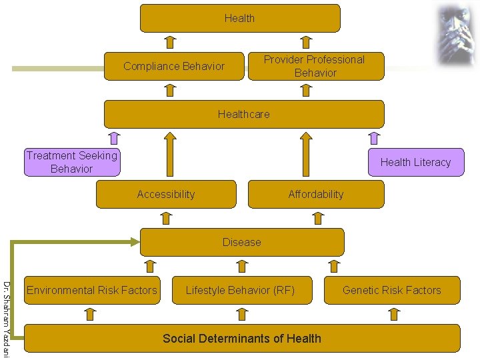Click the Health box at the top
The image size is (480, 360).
(239, 18)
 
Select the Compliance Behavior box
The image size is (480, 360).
(174, 66)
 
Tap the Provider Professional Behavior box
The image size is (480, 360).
(315, 66)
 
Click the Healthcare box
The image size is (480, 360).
(243, 114)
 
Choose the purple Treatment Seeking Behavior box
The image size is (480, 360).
(72, 162)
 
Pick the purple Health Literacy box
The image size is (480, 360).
(415, 162)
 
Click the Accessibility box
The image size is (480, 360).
(166, 194)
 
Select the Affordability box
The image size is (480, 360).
(315, 194)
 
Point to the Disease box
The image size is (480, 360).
(241, 242)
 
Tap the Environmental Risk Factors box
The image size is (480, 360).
(92, 290)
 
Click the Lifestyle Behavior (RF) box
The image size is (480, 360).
(240, 290)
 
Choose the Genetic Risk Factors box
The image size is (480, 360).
(391, 290)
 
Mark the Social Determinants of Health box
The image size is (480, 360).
(241, 338)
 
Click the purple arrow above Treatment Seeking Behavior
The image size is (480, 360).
(114, 139)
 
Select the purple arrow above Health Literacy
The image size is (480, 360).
(374, 139)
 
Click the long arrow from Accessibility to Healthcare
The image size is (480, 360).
(170, 155)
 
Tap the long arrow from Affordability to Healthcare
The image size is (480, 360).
(306, 155)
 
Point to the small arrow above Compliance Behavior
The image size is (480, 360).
(170, 43)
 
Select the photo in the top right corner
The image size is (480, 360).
(454, 34)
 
